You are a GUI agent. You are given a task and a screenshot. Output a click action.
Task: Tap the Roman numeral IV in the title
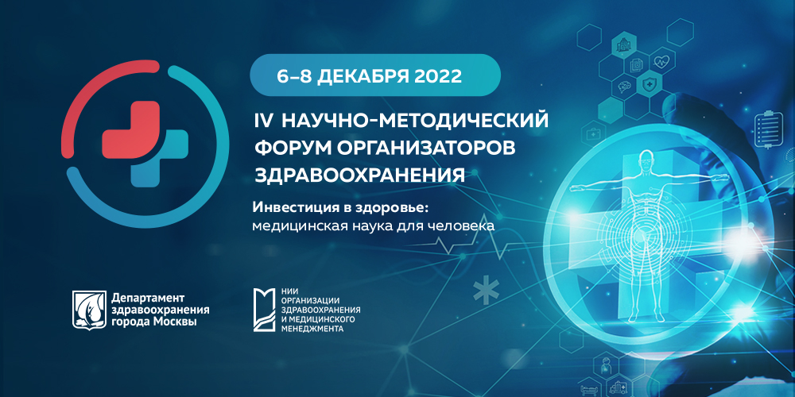[262, 121]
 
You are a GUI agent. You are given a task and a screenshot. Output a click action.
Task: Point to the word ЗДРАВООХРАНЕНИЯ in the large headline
[359, 175]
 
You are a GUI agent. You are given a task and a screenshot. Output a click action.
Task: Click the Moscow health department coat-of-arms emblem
[87, 308]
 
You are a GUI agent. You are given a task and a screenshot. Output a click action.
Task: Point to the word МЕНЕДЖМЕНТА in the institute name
[312, 328]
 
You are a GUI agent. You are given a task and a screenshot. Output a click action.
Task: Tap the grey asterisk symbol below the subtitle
[482, 291]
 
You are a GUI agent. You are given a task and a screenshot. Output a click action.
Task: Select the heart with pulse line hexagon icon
[662, 60]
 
